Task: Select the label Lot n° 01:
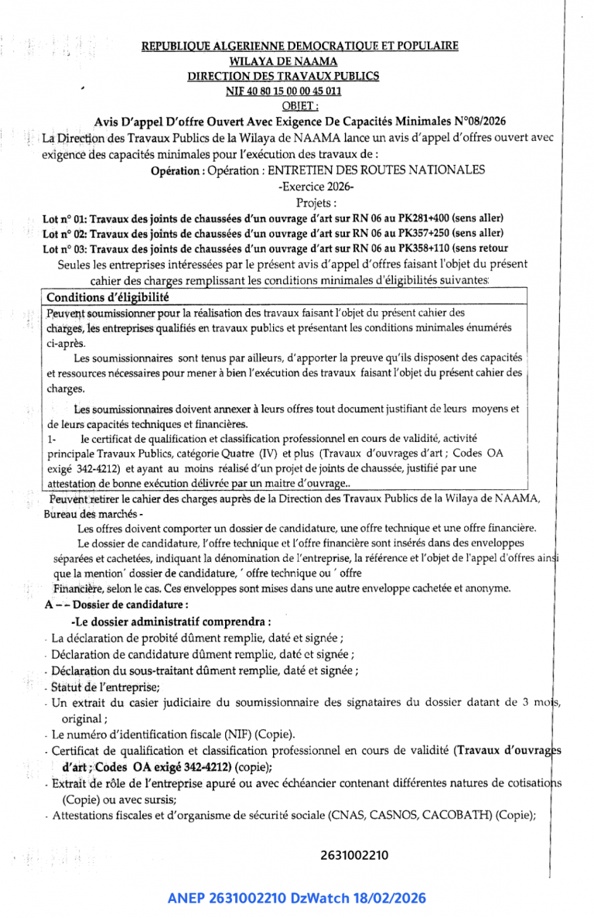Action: click(67, 219)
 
